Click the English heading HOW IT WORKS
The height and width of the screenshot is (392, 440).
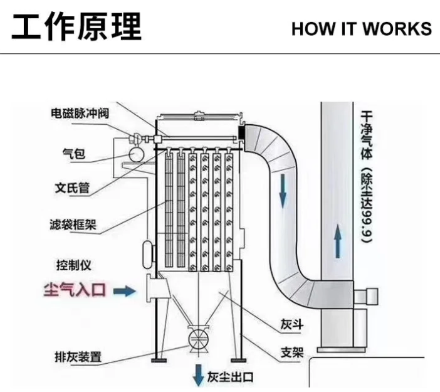click(361, 28)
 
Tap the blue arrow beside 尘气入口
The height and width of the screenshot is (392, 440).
click(126, 291)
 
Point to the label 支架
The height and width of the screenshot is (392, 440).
click(291, 352)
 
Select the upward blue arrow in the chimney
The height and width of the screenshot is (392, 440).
click(338, 241)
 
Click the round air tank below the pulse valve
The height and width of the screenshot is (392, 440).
click(134, 154)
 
